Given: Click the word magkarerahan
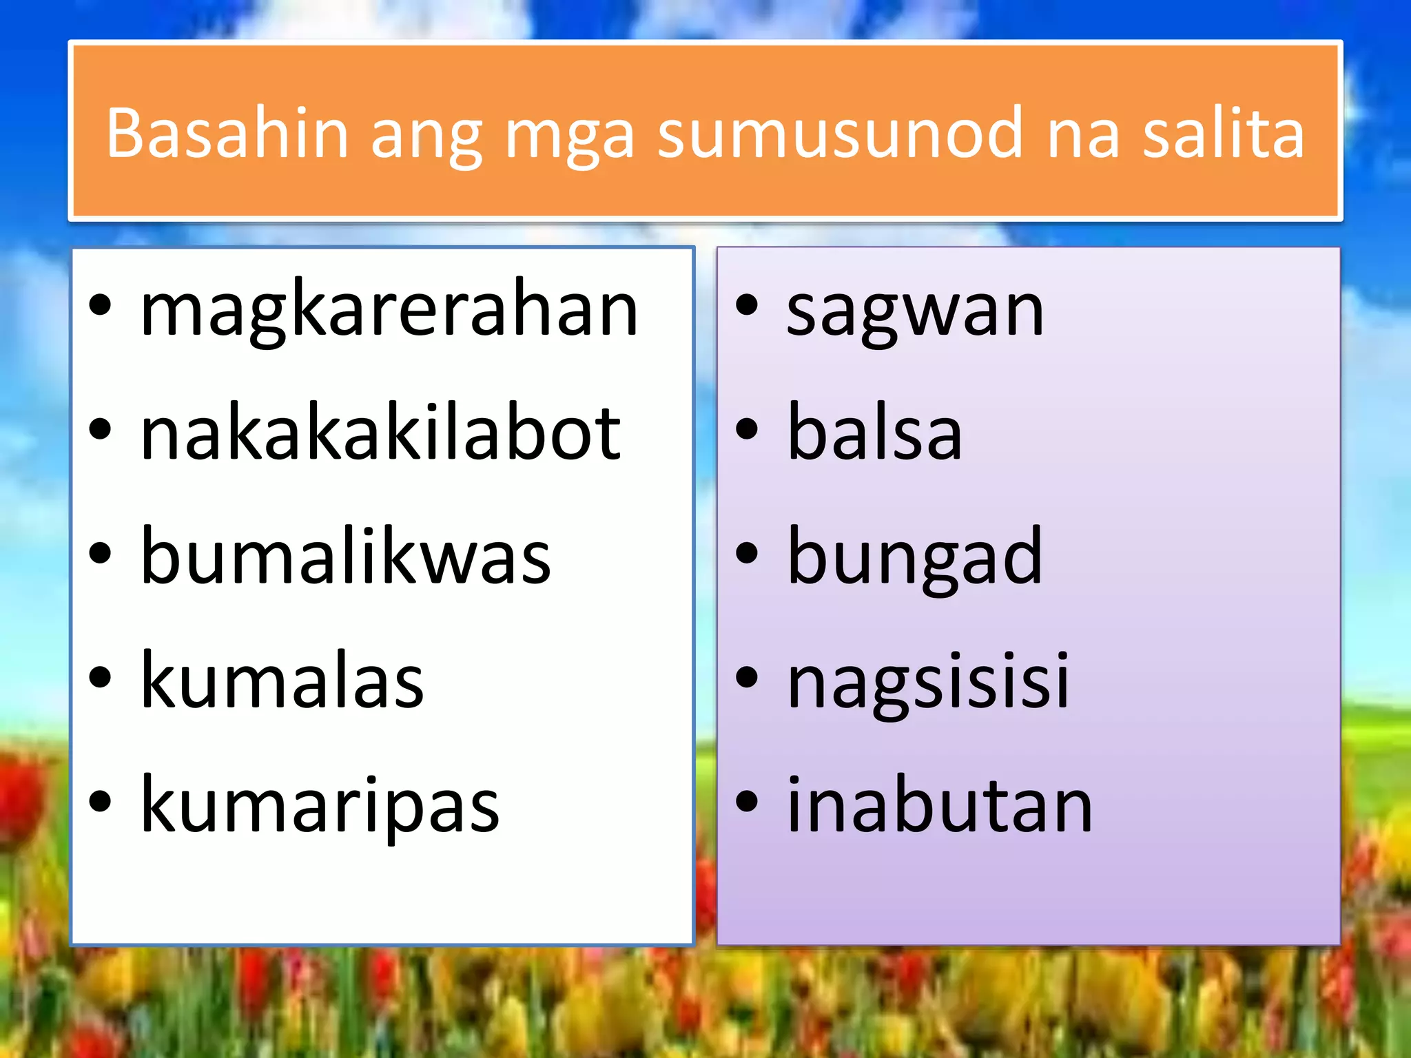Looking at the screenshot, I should pyautogui.click(x=389, y=310).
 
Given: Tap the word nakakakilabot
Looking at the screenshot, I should pyautogui.click(x=380, y=434).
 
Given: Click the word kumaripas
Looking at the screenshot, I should pyautogui.click(x=320, y=806).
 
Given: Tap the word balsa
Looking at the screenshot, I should pyautogui.click(x=874, y=434).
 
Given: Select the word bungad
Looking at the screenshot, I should pyautogui.click(x=914, y=558).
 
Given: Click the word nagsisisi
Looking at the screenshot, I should pyautogui.click(x=928, y=682).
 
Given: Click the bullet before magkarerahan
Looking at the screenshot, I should pyautogui.click(x=101, y=306).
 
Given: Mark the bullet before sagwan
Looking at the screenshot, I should pyautogui.click(x=747, y=306).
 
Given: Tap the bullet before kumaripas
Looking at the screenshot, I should pyautogui.click(x=101, y=802).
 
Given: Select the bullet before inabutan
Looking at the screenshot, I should pyautogui.click(x=747, y=802).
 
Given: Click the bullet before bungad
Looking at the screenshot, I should pyautogui.click(x=747, y=554).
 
